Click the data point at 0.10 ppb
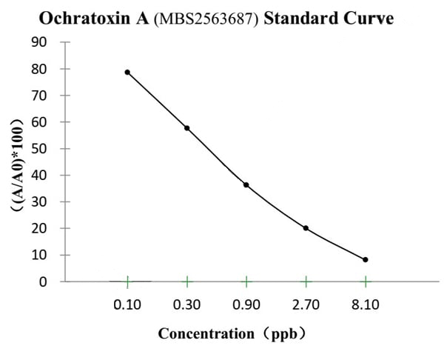click(x=127, y=72)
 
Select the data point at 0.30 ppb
click(x=187, y=128)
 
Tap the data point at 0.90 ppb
click(x=246, y=184)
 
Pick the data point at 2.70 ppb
click(x=306, y=228)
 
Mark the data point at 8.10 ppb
click(x=366, y=259)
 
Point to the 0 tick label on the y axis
click(x=43, y=281)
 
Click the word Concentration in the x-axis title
click(x=205, y=333)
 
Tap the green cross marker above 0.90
click(x=246, y=281)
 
